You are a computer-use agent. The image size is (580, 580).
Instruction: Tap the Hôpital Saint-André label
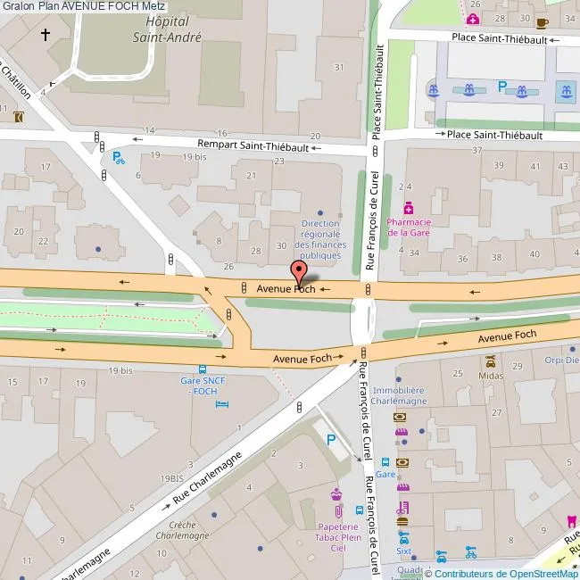coord(167,29)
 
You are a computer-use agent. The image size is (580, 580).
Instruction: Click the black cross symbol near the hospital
coord(46,35)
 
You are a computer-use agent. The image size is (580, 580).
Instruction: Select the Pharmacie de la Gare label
coord(410,228)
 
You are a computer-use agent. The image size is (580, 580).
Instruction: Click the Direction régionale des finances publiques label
coord(320,239)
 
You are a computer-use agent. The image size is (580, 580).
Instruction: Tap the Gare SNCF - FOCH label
coord(200,385)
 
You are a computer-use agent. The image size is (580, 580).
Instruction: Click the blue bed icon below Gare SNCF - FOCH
coord(222,404)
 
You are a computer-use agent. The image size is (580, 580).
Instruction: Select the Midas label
coord(491,376)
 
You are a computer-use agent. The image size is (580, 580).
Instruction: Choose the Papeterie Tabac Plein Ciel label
coord(338,537)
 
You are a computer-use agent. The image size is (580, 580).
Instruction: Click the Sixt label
coord(404,552)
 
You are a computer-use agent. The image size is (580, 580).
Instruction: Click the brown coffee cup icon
coord(542,23)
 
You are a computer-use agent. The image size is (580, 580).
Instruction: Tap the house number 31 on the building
coord(339,68)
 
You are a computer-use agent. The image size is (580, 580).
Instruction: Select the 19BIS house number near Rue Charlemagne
coord(171,478)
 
